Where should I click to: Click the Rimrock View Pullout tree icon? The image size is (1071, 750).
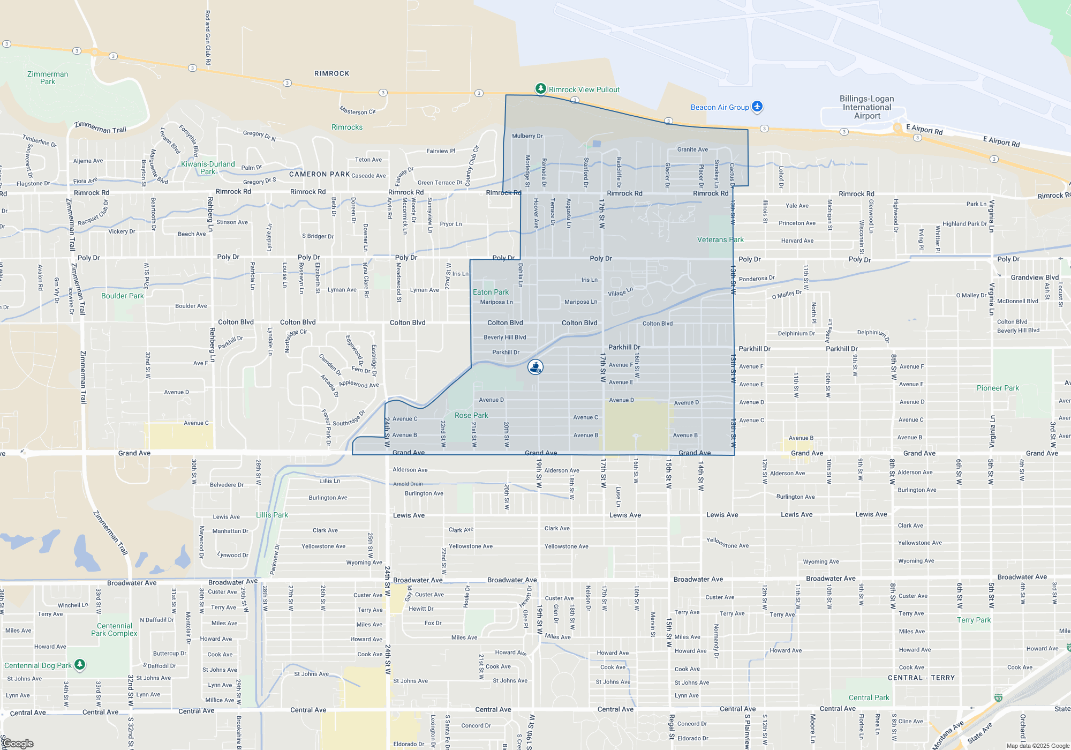click(541, 88)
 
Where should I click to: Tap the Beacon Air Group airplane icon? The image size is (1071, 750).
click(757, 106)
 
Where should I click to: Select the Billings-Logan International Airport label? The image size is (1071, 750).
click(866, 107)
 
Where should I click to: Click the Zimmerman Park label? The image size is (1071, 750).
click(48, 78)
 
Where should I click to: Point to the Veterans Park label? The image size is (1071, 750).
click(720, 239)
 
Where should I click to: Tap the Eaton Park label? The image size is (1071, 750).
click(491, 292)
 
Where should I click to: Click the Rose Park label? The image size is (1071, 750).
click(471, 415)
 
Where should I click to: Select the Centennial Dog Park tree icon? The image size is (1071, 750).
click(80, 664)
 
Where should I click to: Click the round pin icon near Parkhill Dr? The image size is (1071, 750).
click(535, 366)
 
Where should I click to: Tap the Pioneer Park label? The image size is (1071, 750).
click(998, 388)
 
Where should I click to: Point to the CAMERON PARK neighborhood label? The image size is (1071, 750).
click(319, 174)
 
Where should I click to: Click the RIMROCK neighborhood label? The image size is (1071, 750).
click(331, 73)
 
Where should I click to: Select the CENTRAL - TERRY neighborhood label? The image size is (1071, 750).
click(921, 678)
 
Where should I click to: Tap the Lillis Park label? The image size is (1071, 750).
click(272, 515)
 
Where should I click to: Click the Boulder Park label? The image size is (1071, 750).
click(123, 296)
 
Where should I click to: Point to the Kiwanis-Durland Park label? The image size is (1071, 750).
click(208, 168)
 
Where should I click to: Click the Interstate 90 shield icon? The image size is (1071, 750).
click(998, 697)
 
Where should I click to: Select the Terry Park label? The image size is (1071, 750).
click(974, 620)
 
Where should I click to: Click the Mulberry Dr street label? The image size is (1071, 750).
click(527, 136)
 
